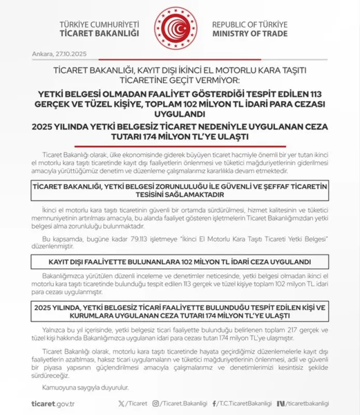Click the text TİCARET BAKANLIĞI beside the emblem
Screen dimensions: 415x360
tap(100, 34)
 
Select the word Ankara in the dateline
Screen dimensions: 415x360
tap(39, 53)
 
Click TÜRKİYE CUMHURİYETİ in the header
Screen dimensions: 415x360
tap(100, 24)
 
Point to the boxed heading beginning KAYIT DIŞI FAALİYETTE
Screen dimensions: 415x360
tap(179, 261)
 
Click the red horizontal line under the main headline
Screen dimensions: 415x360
tap(179, 146)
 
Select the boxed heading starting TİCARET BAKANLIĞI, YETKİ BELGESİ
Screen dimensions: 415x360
tap(179, 191)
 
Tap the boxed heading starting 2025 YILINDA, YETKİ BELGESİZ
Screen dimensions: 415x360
tap(179, 311)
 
